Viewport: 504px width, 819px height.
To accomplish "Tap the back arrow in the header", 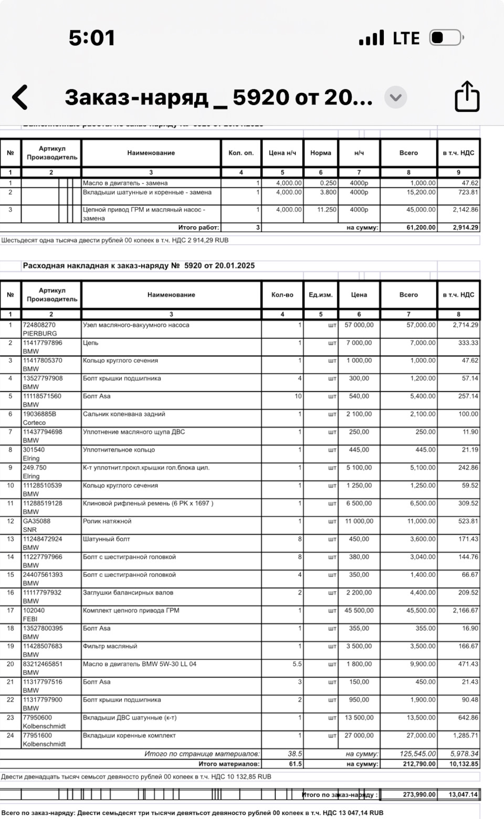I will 20,98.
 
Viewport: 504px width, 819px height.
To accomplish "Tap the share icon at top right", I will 467,97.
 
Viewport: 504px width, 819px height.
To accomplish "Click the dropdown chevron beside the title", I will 395,97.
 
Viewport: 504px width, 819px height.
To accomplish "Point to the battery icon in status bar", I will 446,38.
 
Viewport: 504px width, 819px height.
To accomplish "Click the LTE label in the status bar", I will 406,38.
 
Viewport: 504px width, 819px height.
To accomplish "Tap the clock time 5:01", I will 92,38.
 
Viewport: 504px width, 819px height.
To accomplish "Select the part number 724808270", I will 39,325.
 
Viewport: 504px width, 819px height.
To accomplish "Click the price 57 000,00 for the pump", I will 359,325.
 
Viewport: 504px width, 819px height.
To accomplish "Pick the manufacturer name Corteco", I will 34,423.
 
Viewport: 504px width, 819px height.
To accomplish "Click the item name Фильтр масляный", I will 110,646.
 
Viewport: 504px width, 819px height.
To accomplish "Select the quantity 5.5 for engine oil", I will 297,664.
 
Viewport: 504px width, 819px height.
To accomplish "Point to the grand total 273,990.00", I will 419,794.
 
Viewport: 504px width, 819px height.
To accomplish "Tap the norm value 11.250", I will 325,209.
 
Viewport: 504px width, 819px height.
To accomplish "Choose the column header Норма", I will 321,153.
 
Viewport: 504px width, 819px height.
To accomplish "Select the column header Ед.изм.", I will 321,295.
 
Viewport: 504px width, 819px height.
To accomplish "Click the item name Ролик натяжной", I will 107,521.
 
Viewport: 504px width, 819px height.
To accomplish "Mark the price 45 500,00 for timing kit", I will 359,611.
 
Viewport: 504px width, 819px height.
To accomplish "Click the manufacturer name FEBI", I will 30,619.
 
